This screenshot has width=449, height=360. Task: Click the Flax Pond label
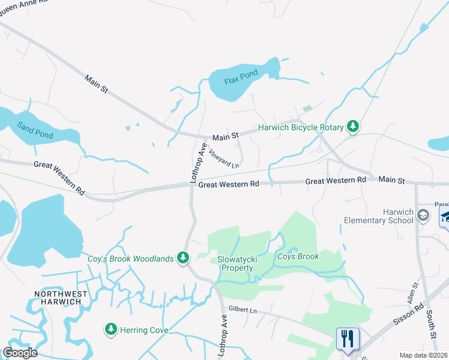click(241, 77)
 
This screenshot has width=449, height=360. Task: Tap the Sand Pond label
click(35, 130)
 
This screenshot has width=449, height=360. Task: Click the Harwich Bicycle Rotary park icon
click(354, 127)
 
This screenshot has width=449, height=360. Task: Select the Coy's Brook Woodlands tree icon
click(184, 259)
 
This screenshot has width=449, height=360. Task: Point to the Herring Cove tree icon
click(110, 329)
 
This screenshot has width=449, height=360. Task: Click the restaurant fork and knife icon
click(348, 338)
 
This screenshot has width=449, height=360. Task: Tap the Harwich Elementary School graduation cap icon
click(423, 215)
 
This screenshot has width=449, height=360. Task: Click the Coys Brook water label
click(298, 257)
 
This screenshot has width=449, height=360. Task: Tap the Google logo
click(20, 353)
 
